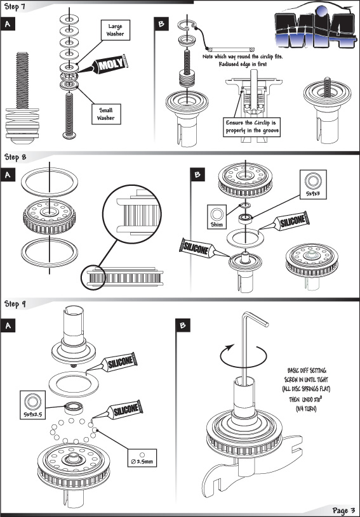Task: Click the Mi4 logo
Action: [x=315, y=27]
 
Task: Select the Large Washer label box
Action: [x=115, y=30]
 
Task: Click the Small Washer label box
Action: [x=105, y=114]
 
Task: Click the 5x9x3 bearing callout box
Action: [x=313, y=185]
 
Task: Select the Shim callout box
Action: [x=217, y=216]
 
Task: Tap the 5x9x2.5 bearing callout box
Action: [x=32, y=405]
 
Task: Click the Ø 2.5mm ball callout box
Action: [x=142, y=458]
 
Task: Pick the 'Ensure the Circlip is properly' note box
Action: [x=252, y=127]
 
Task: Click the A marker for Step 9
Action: [x=8, y=326]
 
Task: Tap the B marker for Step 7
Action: [x=161, y=23]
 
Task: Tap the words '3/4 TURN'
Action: [x=306, y=409]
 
